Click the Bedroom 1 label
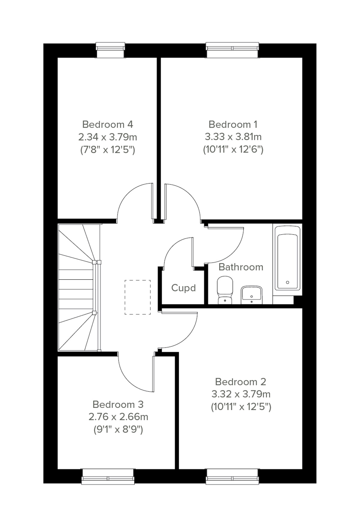coord(233,124)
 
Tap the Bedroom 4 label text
coord(107,124)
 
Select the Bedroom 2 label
coord(241,382)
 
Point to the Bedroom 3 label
coord(118,404)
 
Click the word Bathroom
coord(241,267)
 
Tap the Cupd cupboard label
coord(183,288)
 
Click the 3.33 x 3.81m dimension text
coord(233,137)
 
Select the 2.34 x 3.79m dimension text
coord(107,137)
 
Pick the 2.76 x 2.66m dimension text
coord(118,417)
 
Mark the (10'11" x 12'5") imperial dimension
coord(241,407)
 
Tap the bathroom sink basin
coord(251,295)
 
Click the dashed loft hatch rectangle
coord(138,297)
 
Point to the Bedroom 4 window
coord(110,50)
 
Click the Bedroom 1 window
coord(232,50)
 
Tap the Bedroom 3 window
coord(107,476)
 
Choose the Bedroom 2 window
coord(232,476)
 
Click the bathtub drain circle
coord(287,282)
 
